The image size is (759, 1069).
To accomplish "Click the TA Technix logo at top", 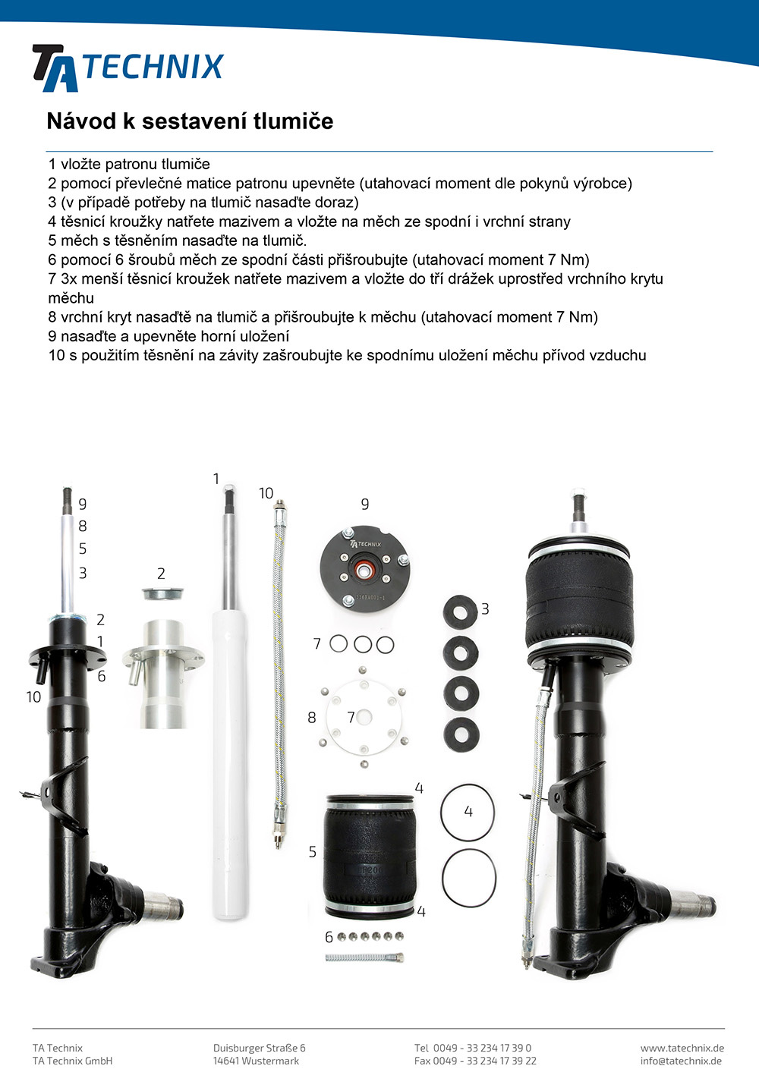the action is [128, 68].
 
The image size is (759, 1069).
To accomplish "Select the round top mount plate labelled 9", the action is [365, 566].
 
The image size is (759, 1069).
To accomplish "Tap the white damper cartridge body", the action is [231, 763].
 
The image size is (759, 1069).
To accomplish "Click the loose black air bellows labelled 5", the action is [370, 856].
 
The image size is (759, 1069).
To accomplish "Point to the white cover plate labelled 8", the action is [364, 717].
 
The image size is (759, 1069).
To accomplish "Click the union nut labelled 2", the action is [162, 593].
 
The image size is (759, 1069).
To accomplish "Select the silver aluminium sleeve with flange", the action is [162, 674].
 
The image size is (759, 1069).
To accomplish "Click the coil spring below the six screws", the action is [365, 957].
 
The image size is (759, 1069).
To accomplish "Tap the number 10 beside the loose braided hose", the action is [266, 493].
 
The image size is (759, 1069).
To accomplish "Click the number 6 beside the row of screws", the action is [329, 937].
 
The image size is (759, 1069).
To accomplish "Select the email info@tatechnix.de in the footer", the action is [681, 1061].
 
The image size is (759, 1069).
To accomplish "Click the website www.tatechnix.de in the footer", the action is [682, 1048].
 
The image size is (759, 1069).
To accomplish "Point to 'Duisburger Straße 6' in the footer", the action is [260, 1048].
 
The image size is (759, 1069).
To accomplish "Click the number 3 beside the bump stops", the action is [485, 609].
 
